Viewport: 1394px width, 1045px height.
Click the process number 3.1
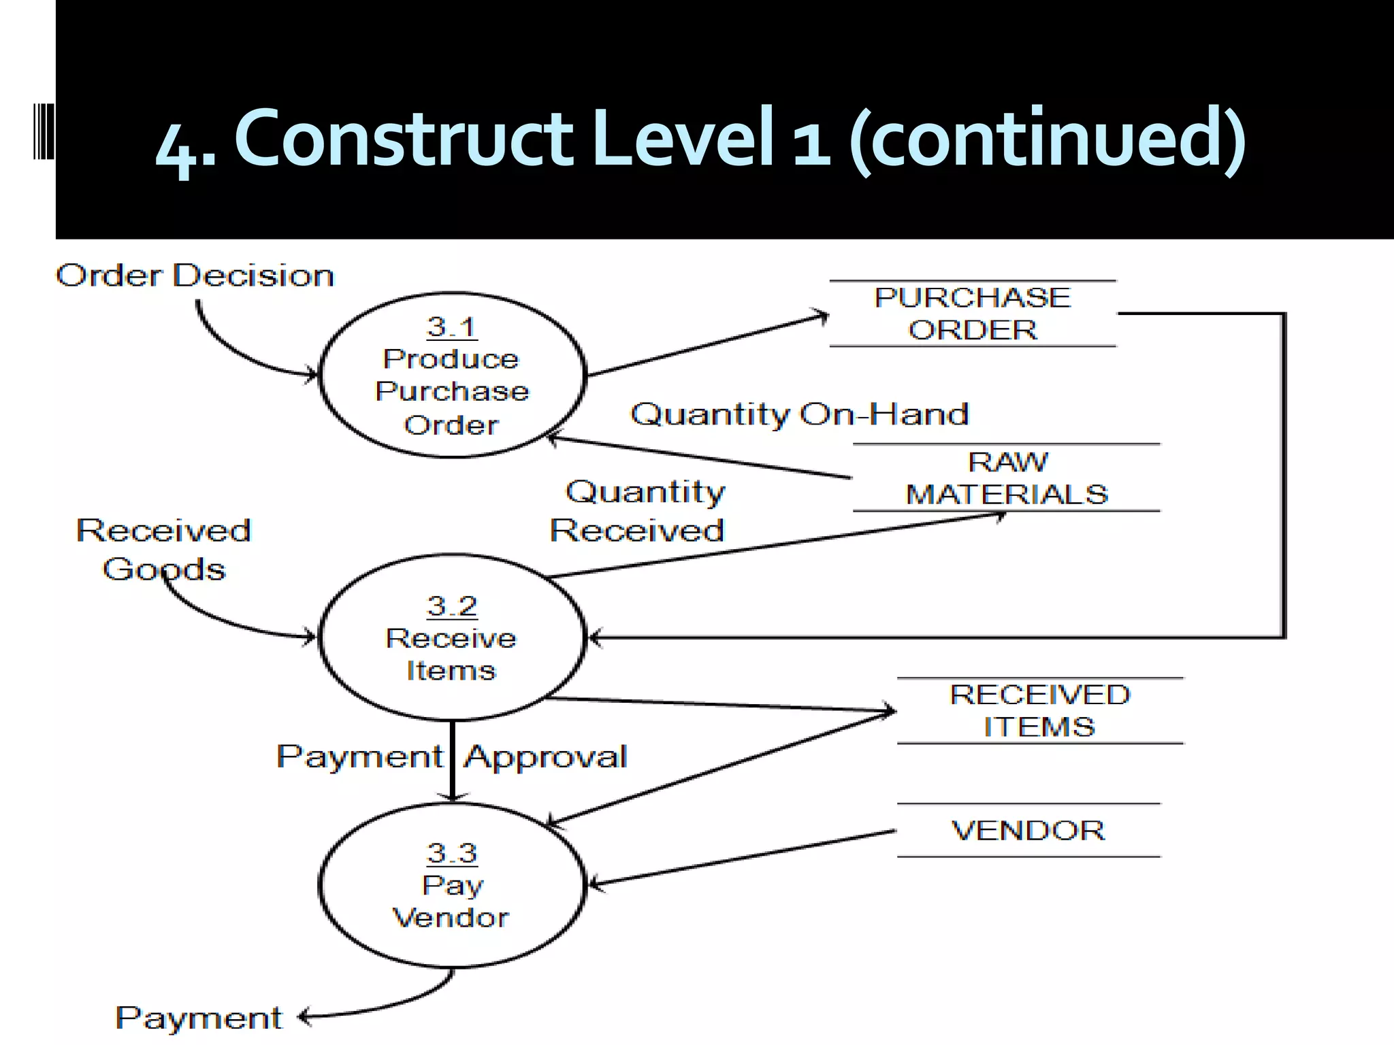coord(452,327)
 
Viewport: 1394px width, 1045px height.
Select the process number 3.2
coord(452,606)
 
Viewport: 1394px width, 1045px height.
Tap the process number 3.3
coord(452,853)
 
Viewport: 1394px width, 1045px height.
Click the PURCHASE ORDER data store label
coord(973,314)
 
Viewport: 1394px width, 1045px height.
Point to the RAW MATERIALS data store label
coord(1007,478)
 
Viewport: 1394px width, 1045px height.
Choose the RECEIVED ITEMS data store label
coord(1039,711)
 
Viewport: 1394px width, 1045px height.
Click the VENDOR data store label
coord(1028,831)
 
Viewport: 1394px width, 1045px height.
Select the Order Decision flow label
coord(195,276)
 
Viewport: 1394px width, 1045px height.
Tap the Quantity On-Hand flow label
coord(799,414)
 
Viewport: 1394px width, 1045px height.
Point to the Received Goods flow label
coord(163,550)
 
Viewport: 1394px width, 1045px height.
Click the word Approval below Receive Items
coord(545,757)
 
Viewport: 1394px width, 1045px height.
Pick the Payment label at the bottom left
coord(198,1018)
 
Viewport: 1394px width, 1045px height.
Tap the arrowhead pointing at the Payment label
coord(304,1017)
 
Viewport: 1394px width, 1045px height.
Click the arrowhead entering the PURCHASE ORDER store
coord(824,316)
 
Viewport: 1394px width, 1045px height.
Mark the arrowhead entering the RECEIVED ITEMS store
coord(890,712)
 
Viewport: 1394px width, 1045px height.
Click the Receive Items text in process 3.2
coord(451,654)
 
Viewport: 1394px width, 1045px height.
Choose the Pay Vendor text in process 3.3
coord(451,901)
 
